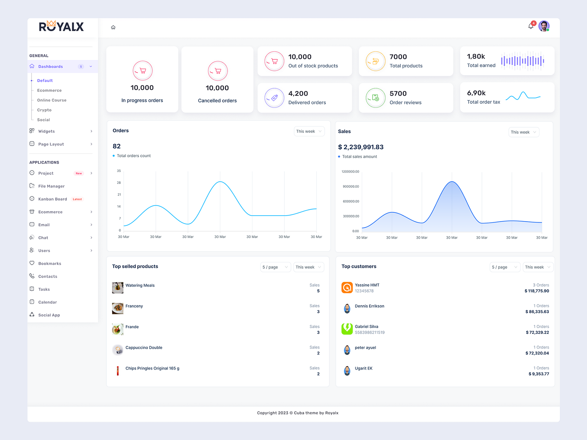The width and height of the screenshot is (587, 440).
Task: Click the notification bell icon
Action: coord(531,26)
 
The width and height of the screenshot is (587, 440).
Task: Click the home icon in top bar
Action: coord(113,27)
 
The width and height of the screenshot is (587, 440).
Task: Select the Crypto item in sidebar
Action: coord(44,110)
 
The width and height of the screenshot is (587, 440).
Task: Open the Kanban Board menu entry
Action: coord(52,199)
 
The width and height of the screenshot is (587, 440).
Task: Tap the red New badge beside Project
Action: coord(79,173)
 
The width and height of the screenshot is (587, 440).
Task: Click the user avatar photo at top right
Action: coord(544,26)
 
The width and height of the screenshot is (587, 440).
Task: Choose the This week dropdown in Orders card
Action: coord(309,131)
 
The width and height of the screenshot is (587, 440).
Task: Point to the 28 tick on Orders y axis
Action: coord(119,183)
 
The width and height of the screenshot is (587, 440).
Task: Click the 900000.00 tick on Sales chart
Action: coord(351,187)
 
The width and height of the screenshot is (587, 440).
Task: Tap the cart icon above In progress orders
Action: coord(143,70)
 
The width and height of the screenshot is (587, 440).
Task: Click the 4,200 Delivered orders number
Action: coord(298,93)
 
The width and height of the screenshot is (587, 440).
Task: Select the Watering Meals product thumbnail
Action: coord(117,288)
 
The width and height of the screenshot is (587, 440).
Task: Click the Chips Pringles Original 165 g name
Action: coord(152,368)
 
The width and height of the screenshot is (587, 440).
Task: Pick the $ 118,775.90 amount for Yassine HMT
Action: coord(537,291)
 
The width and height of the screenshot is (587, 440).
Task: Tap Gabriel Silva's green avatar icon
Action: coord(347,329)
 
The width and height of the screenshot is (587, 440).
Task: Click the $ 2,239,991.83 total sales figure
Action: coord(361,147)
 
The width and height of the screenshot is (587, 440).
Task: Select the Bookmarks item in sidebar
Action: coord(50,264)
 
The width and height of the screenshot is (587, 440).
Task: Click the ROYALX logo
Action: coord(61,26)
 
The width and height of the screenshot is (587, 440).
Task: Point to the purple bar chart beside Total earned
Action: coord(522,61)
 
